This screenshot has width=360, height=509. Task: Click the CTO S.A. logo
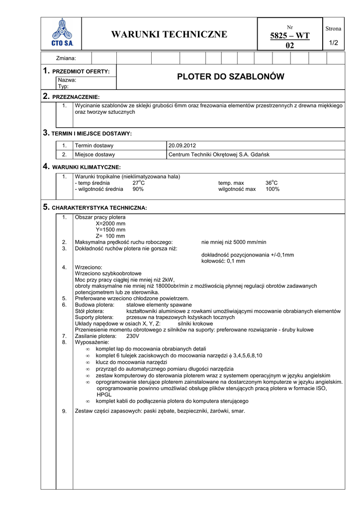tap(62, 33)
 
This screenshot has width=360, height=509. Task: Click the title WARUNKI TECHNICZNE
tap(169, 34)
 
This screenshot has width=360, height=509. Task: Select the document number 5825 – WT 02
tap(289, 40)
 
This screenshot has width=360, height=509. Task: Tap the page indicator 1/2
tap(333, 43)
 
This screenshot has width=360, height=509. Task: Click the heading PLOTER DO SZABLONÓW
tap(230, 77)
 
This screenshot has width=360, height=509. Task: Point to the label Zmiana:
tap(67, 59)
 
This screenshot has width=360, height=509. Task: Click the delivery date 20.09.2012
tap(182, 146)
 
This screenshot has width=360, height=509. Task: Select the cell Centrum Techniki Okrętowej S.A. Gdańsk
tap(219, 155)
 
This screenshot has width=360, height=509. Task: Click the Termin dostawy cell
tap(94, 146)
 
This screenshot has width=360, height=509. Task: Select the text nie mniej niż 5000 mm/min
tap(234, 242)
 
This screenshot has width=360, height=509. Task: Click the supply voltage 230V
tap(133, 336)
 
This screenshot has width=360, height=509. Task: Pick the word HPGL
tap(104, 394)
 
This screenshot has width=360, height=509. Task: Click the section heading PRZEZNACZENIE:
tap(76, 96)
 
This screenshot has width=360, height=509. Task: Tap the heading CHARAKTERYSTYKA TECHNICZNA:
tap(99, 207)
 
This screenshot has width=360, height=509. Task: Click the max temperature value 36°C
tap(271, 183)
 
